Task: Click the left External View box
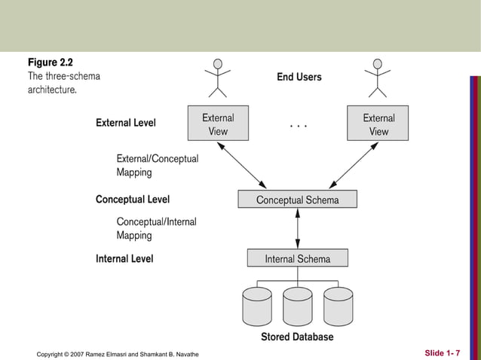point(218,124)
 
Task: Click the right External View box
point(378,124)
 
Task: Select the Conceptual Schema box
point(297,200)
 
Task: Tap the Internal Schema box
point(297,258)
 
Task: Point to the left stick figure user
point(218,78)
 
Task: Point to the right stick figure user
point(377,78)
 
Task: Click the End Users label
point(299,77)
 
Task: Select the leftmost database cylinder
point(257,307)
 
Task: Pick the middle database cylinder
point(298,307)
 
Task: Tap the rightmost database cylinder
point(338,307)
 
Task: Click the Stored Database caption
point(297,337)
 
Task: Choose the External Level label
point(125,123)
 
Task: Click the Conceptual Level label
point(132,200)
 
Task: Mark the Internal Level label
point(124,258)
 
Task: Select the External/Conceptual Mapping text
point(157,166)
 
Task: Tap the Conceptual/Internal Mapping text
point(156,228)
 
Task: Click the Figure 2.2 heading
point(51,62)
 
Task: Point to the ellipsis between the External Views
point(299,127)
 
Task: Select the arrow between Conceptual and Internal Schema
point(298,229)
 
